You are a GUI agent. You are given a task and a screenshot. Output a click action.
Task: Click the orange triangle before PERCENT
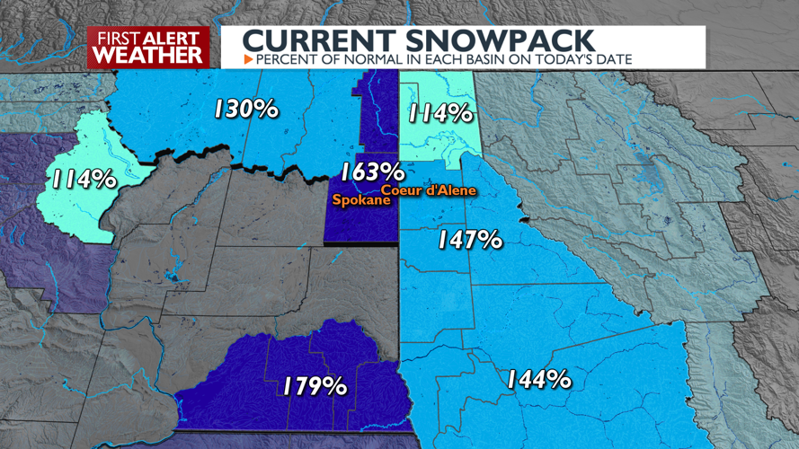(249, 59)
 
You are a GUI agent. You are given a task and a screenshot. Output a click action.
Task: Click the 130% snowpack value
(245, 110)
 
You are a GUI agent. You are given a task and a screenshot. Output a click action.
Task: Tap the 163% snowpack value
(371, 171)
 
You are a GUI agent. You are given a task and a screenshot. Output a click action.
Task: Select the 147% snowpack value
(468, 240)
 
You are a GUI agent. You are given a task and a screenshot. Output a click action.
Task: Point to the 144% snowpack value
(537, 379)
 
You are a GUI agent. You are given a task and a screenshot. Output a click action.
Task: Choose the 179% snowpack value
(314, 386)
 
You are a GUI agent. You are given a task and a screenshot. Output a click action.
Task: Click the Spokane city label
(361, 200)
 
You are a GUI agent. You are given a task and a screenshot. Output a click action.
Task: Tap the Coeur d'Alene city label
(427, 189)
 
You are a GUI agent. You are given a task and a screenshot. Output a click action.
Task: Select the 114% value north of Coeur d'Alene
(439, 114)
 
